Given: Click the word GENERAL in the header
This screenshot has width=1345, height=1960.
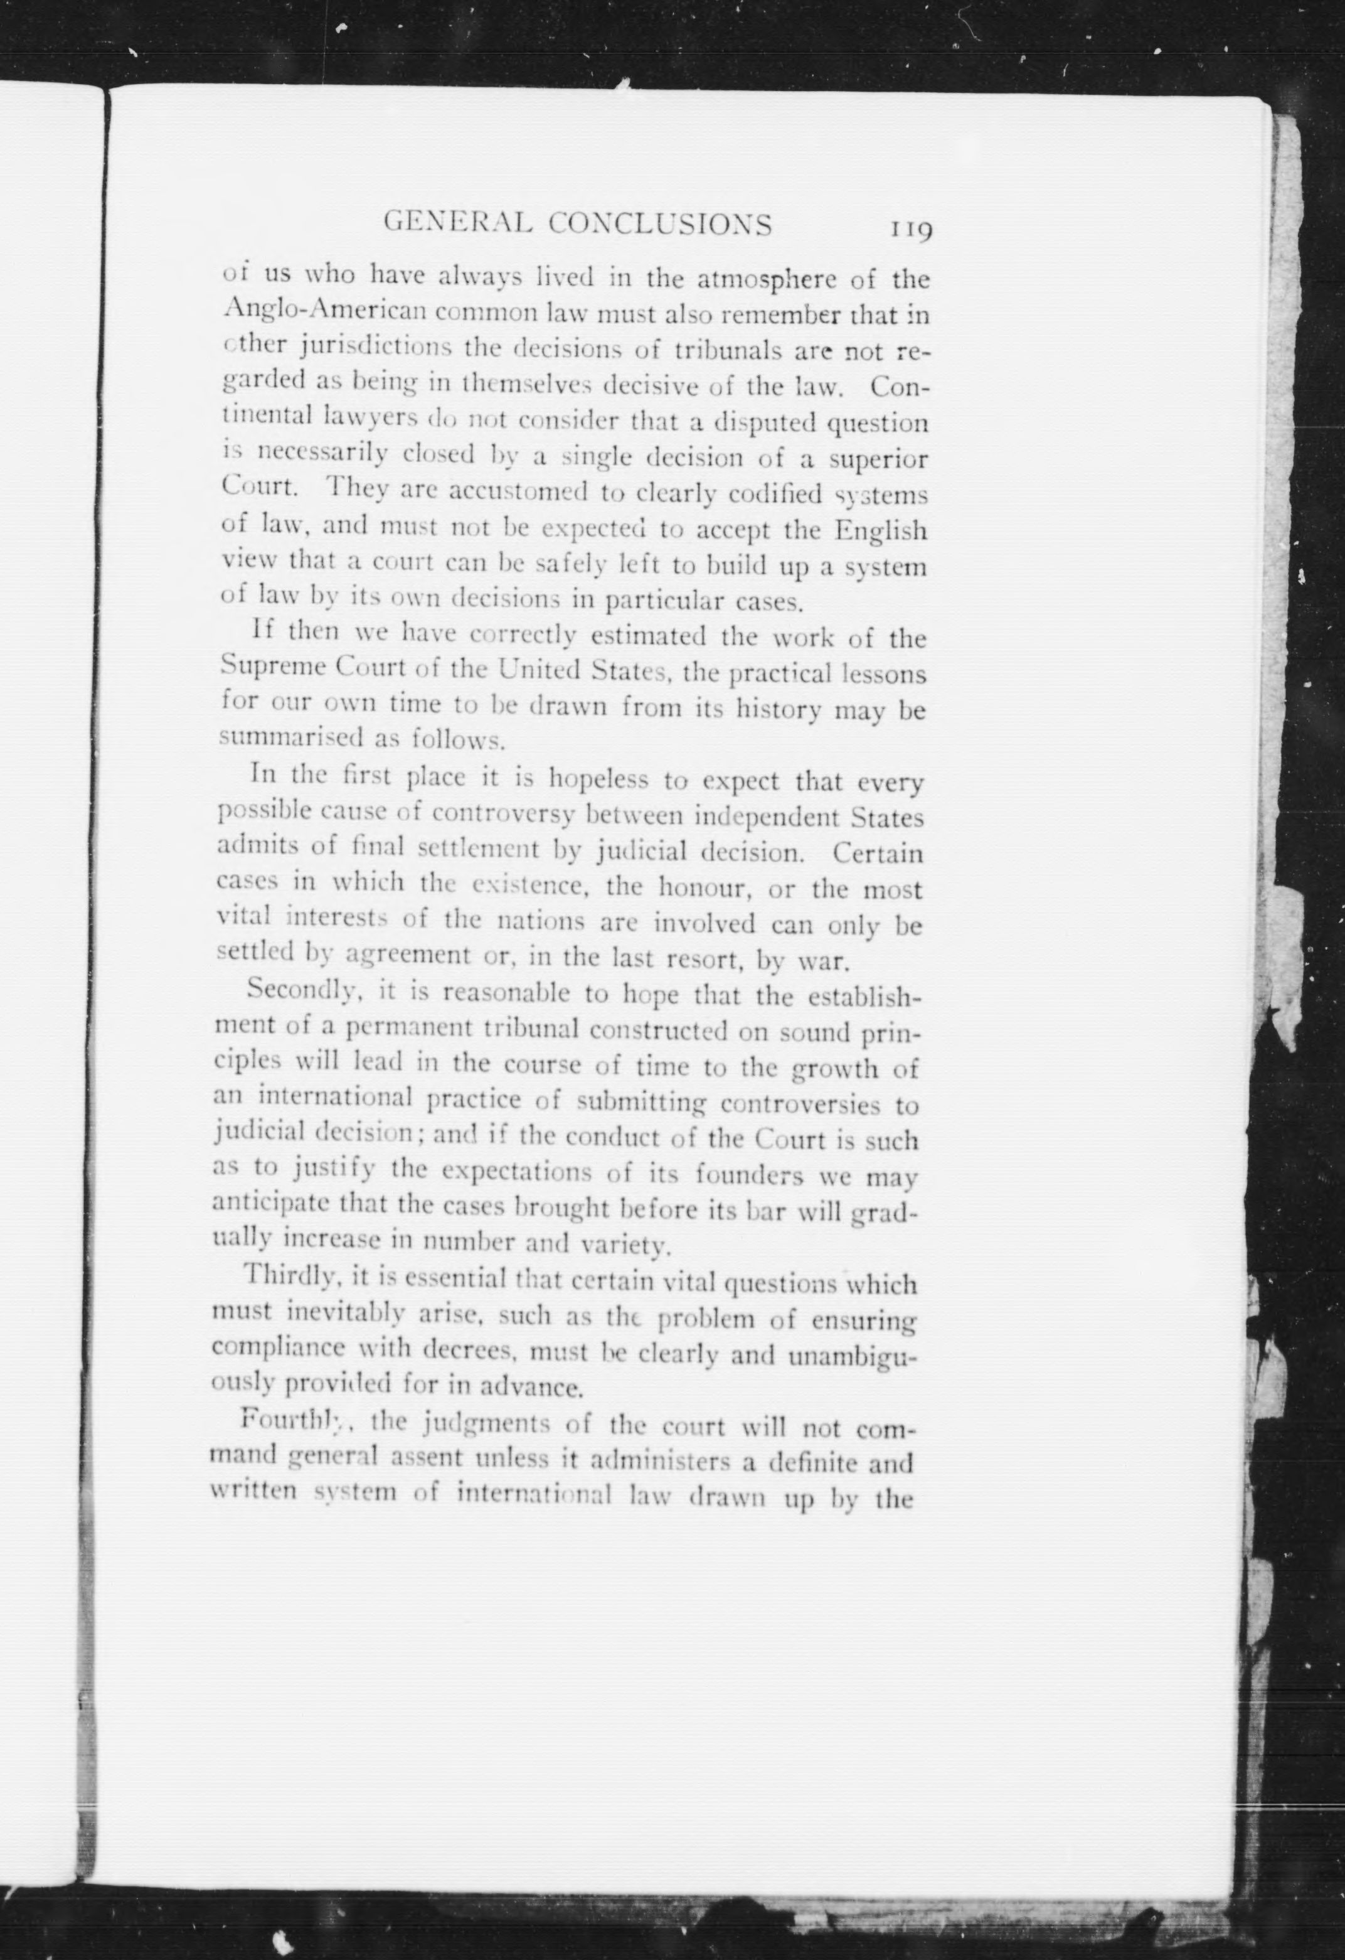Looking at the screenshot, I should (457, 223).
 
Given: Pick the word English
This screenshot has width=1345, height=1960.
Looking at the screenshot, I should (881, 532).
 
